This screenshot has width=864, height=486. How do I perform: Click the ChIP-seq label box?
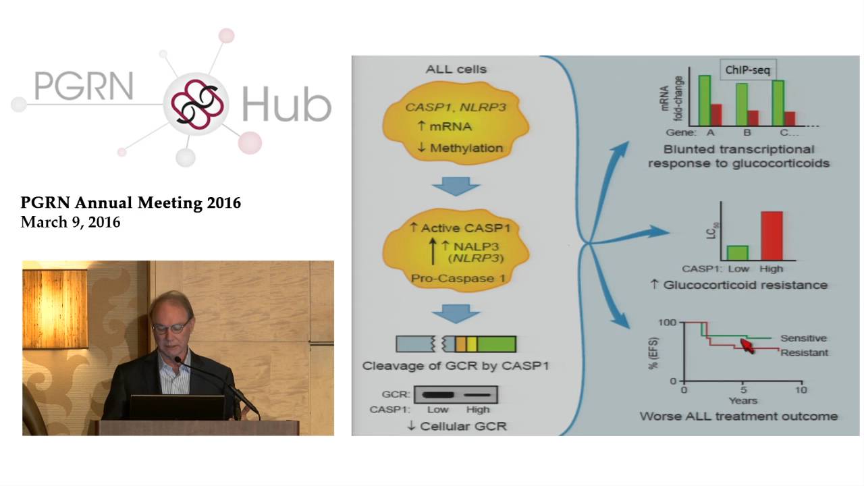click(747, 70)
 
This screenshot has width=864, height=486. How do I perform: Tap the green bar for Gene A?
click(704, 101)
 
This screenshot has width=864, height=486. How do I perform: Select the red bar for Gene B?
click(753, 118)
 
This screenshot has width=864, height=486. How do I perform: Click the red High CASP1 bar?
click(772, 236)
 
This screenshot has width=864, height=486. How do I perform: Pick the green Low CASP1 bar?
click(737, 252)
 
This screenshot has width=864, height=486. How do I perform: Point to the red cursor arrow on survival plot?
click(747, 346)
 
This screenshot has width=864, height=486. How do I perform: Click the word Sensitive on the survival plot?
click(803, 338)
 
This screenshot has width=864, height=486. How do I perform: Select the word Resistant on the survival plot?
click(804, 352)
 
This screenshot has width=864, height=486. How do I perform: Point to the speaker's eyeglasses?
click(171, 327)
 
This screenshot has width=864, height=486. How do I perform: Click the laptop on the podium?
click(177, 408)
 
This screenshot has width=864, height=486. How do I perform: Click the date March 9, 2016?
click(70, 222)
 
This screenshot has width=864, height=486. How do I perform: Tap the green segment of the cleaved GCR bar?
click(496, 344)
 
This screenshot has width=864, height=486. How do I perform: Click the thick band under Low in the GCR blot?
click(438, 394)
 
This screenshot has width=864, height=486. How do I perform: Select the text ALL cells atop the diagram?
click(456, 69)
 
